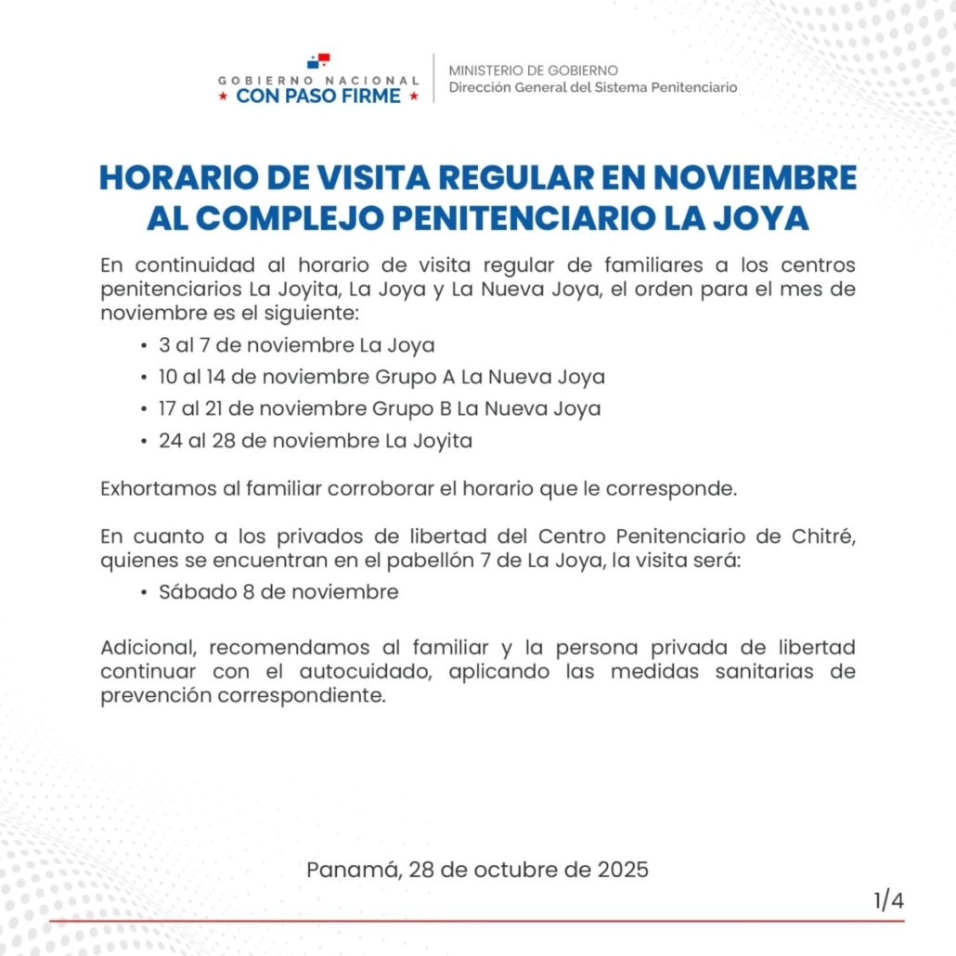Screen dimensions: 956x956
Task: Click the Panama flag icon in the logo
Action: (318, 62)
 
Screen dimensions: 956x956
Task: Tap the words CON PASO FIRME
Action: (318, 96)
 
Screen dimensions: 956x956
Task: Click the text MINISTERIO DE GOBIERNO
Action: (533, 71)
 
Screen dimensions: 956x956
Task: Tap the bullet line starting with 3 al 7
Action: (297, 346)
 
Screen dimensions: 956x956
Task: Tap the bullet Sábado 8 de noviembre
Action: (278, 592)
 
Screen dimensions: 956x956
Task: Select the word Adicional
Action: (147, 646)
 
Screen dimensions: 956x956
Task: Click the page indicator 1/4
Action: (888, 900)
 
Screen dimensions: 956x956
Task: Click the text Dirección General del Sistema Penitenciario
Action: (593, 87)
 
